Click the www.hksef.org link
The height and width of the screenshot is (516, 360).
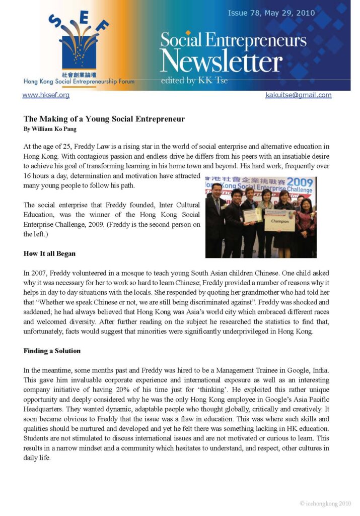coord(46,95)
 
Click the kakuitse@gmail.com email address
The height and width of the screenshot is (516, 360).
coord(298,95)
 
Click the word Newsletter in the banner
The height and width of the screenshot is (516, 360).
coord(221,62)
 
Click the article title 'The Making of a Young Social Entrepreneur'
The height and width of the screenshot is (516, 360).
coord(104,119)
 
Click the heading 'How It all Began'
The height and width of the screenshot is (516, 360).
coord(49,253)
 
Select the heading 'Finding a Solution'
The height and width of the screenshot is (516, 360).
coord(52,350)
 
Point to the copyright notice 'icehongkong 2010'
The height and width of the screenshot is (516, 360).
coord(325,503)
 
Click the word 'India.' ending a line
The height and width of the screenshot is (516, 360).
coord(320,370)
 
